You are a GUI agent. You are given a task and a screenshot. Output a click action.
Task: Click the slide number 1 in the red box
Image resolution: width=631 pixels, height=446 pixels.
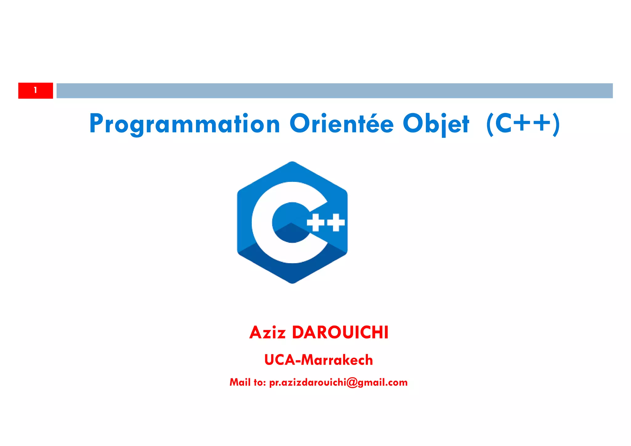click(35, 90)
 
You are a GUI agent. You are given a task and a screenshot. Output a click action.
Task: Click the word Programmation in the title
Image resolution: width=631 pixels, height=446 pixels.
click(185, 124)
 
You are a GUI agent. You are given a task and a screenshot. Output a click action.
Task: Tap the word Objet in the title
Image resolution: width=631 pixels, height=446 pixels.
click(436, 124)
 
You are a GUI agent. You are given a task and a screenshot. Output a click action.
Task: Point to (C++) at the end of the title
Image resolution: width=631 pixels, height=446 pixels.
click(523, 124)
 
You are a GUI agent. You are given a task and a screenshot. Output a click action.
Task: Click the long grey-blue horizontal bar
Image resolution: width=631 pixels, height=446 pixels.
click(334, 91)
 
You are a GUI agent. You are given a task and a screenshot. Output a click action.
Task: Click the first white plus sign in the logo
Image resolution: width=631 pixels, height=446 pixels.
click(315, 222)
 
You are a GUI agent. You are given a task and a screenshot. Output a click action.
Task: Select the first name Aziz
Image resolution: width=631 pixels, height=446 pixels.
click(267, 333)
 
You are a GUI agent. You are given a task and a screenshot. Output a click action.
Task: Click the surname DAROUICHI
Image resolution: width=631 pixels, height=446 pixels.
click(340, 333)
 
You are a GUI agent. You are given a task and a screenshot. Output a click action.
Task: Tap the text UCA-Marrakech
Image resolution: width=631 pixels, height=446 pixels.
click(319, 360)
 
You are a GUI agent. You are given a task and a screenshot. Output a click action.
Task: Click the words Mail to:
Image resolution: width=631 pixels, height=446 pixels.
click(247, 383)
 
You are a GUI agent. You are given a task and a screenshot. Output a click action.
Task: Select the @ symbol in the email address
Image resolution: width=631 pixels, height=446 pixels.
click(352, 383)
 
